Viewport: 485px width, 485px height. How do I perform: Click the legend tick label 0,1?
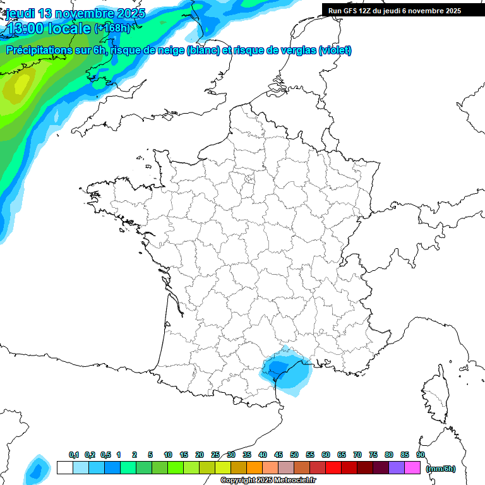point(74,455)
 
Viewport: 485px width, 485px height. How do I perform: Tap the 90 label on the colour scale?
point(421,455)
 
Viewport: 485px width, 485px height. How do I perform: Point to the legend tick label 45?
point(278,455)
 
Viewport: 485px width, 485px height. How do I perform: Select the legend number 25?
point(215,455)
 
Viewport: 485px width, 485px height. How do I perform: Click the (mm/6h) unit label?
point(441,469)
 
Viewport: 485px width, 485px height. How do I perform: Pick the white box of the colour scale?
point(64,468)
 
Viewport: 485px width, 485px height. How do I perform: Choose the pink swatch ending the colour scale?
point(412,468)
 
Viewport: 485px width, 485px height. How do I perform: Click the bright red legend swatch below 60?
point(333,468)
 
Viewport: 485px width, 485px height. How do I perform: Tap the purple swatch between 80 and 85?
point(397,468)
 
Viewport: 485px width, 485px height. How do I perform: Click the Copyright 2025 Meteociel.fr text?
point(268,481)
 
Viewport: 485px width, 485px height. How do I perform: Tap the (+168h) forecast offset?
point(112,28)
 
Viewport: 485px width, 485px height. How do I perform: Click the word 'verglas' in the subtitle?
point(298,51)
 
